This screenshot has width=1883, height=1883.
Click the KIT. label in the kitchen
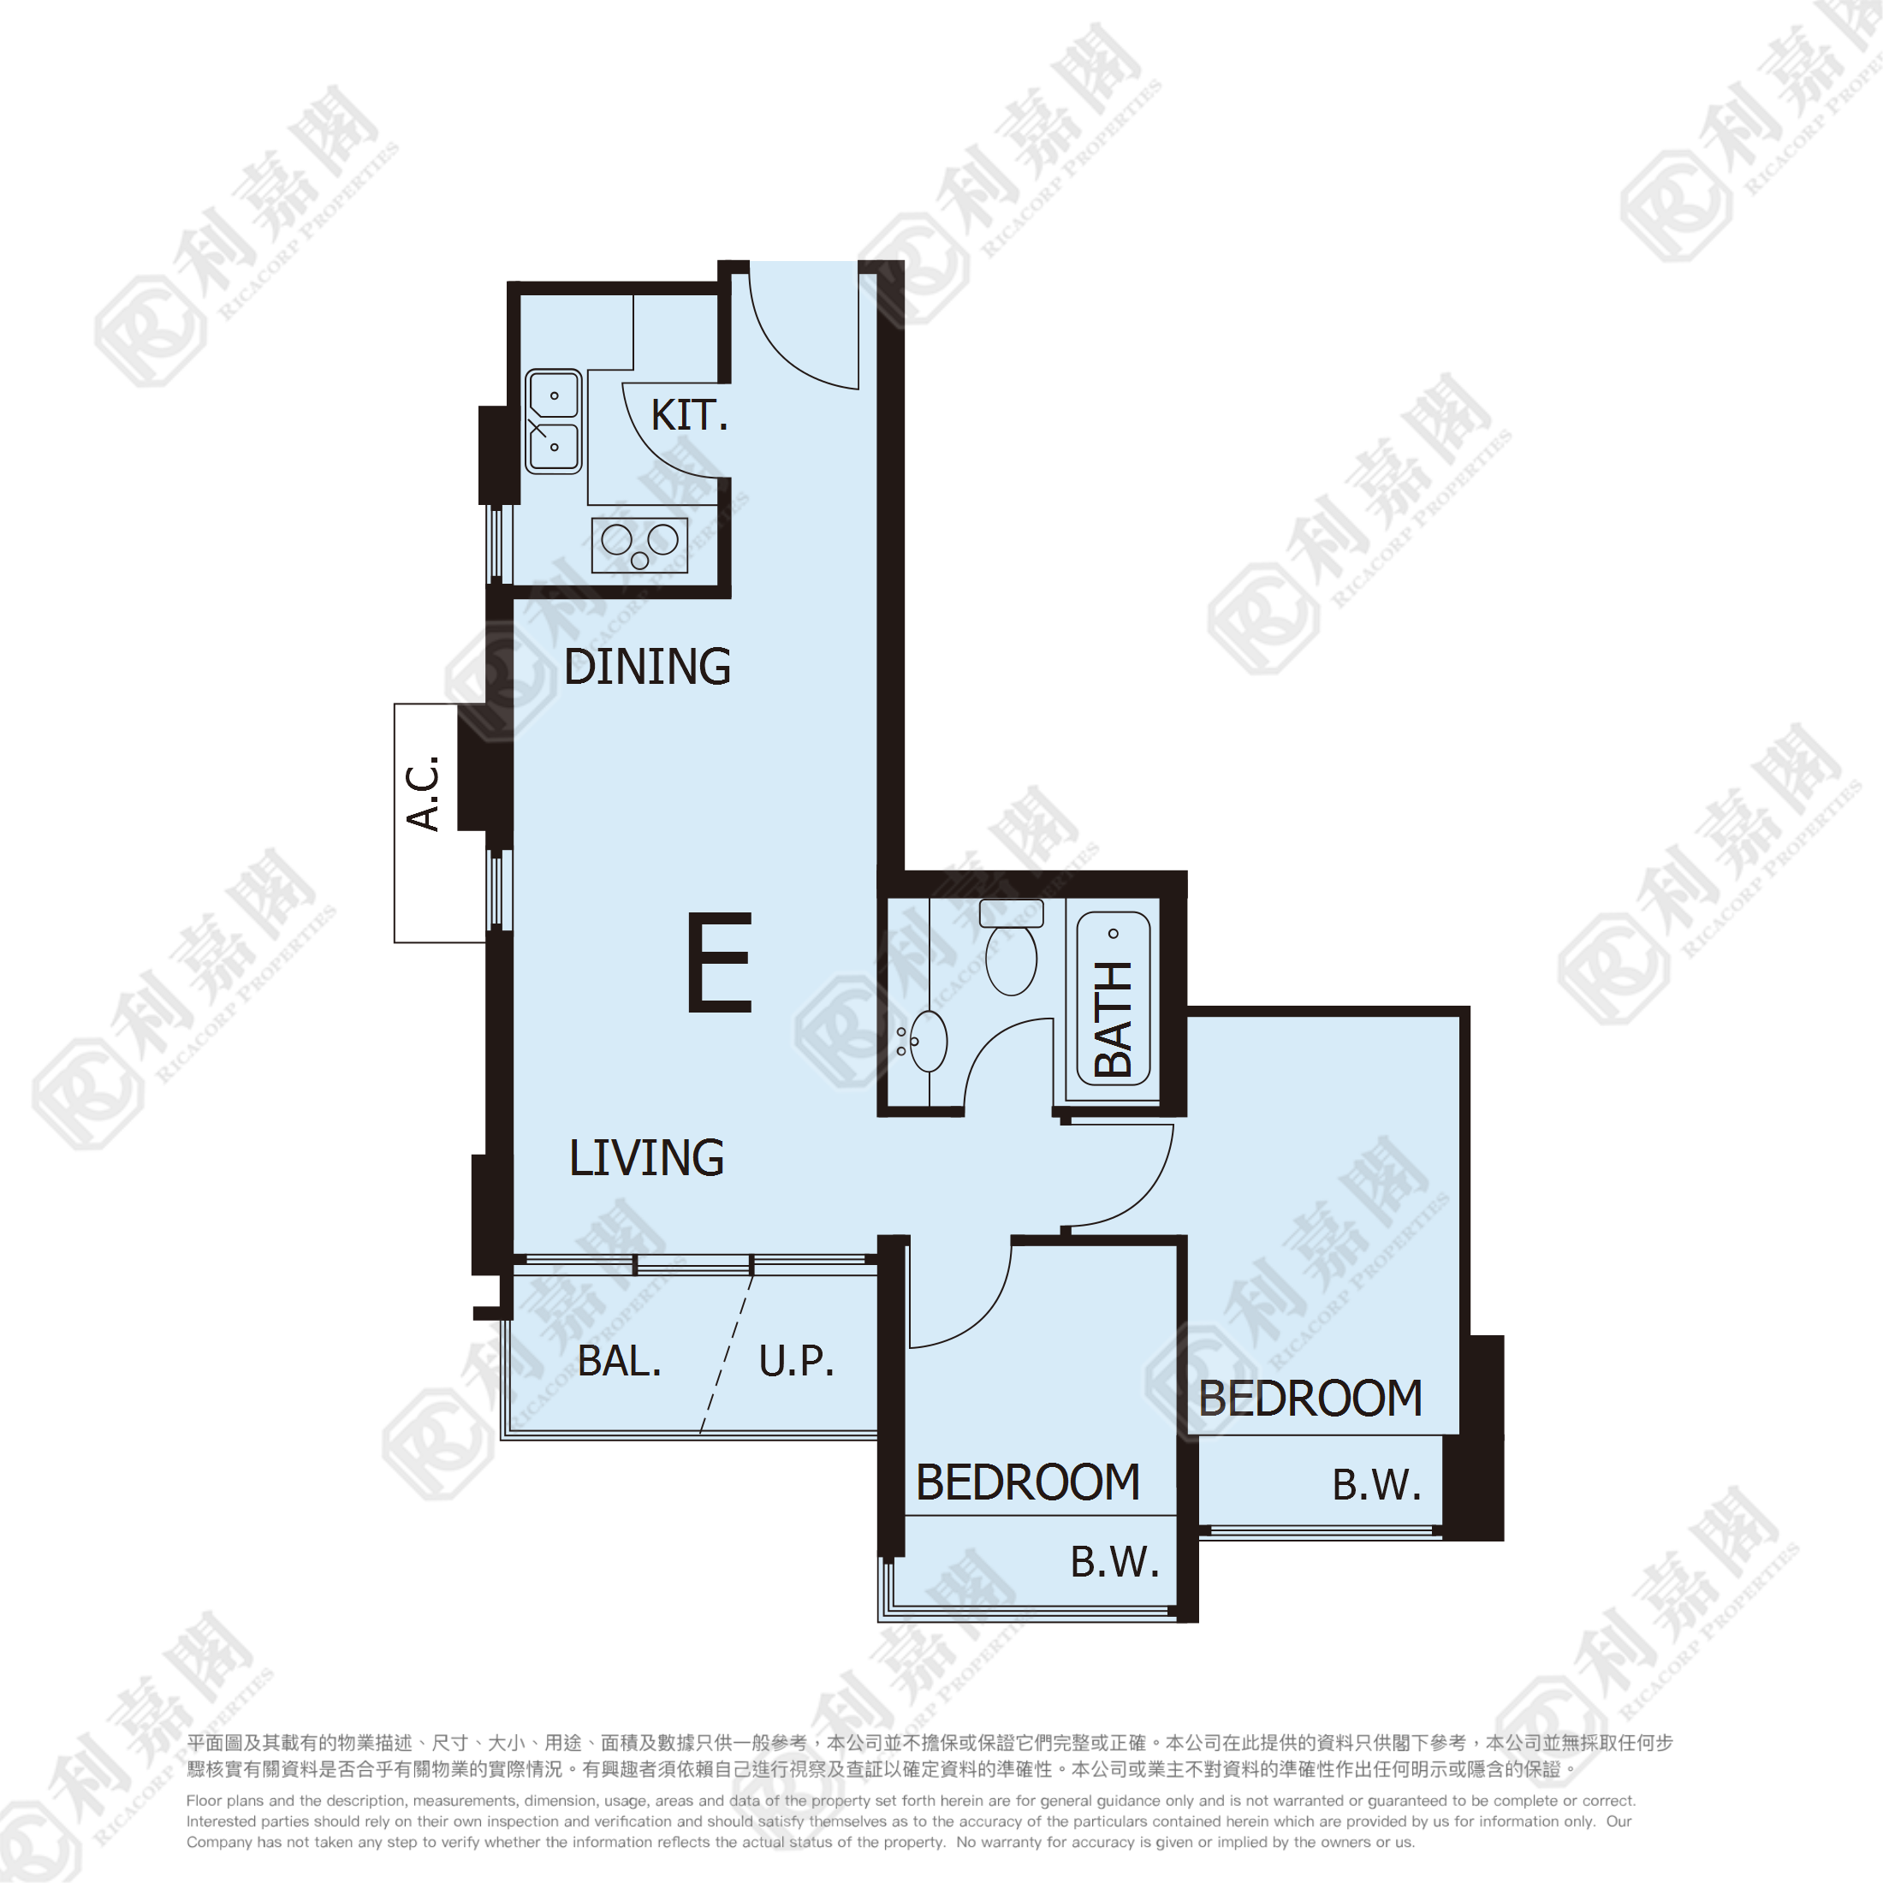[689, 415]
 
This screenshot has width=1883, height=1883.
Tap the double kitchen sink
[554, 421]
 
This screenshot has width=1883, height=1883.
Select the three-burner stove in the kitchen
[639, 546]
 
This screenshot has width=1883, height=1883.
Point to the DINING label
[647, 667]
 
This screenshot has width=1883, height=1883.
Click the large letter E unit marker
[721, 962]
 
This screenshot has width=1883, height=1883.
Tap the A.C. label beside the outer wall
[424, 793]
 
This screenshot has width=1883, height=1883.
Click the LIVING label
[646, 1158]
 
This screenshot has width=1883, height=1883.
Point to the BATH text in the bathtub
[1113, 1019]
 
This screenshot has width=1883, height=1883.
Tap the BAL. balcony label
[619, 1361]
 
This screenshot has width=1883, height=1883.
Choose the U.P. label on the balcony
[796, 1361]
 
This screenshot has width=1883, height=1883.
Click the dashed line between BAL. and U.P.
[726, 1354]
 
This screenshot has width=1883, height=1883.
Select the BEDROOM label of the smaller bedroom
[1028, 1482]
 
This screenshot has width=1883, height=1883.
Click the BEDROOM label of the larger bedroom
[1310, 1399]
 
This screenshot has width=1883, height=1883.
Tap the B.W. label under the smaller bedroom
[1115, 1562]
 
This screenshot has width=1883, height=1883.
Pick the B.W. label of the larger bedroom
[1376, 1485]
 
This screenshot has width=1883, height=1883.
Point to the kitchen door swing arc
[660, 447]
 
